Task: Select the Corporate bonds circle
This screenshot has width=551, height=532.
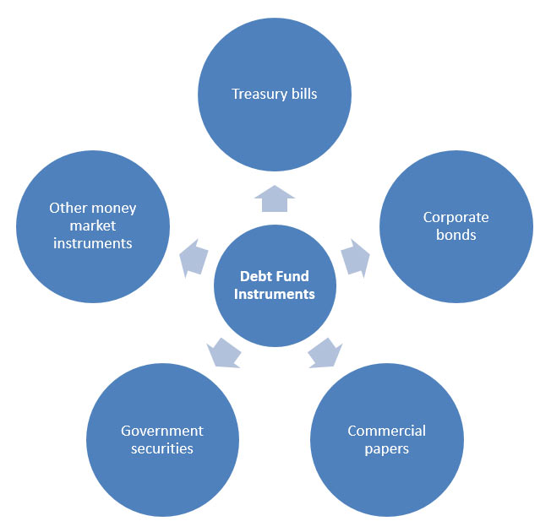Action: click(456, 225)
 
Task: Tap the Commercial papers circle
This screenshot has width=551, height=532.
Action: click(386, 439)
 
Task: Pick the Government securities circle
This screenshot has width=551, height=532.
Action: click(162, 439)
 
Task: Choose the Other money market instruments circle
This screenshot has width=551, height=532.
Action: click(93, 225)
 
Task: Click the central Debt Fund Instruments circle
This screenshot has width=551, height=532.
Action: click(274, 285)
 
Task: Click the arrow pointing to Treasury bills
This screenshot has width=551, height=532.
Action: click(274, 198)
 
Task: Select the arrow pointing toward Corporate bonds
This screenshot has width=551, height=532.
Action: click(356, 255)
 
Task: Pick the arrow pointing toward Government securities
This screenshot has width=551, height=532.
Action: click(222, 352)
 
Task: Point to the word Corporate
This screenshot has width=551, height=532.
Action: click(456, 217)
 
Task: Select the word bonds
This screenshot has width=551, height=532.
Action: click(456, 234)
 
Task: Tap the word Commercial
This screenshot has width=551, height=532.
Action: click(386, 431)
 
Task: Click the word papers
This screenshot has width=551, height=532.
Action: click(386, 448)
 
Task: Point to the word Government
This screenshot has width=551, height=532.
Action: click(162, 431)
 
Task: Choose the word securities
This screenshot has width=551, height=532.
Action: click(162, 448)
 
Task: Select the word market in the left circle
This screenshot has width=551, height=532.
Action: click(93, 225)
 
